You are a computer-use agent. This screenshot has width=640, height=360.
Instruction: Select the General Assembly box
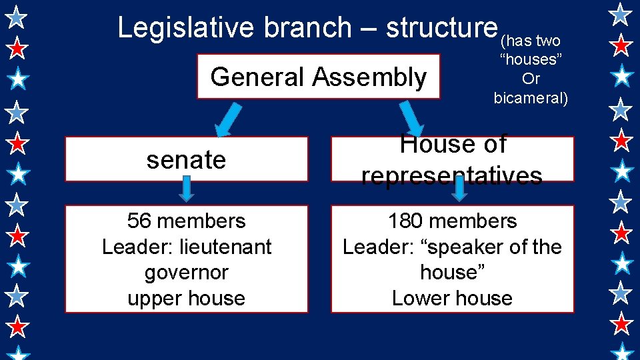click(319, 77)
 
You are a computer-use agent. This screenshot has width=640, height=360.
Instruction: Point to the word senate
click(186, 160)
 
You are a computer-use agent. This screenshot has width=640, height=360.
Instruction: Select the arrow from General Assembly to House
click(411, 119)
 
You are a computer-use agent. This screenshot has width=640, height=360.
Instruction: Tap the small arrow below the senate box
click(187, 189)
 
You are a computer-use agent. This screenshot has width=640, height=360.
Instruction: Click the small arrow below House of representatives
click(459, 189)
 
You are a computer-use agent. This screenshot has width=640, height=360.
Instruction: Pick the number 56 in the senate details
click(138, 221)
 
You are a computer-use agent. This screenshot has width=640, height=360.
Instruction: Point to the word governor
click(186, 273)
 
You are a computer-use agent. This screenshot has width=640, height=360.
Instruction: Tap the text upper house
click(186, 298)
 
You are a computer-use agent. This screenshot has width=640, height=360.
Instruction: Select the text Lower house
click(452, 298)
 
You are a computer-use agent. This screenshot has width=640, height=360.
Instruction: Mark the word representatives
click(451, 175)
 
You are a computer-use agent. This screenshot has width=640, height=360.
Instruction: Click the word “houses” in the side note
click(531, 59)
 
